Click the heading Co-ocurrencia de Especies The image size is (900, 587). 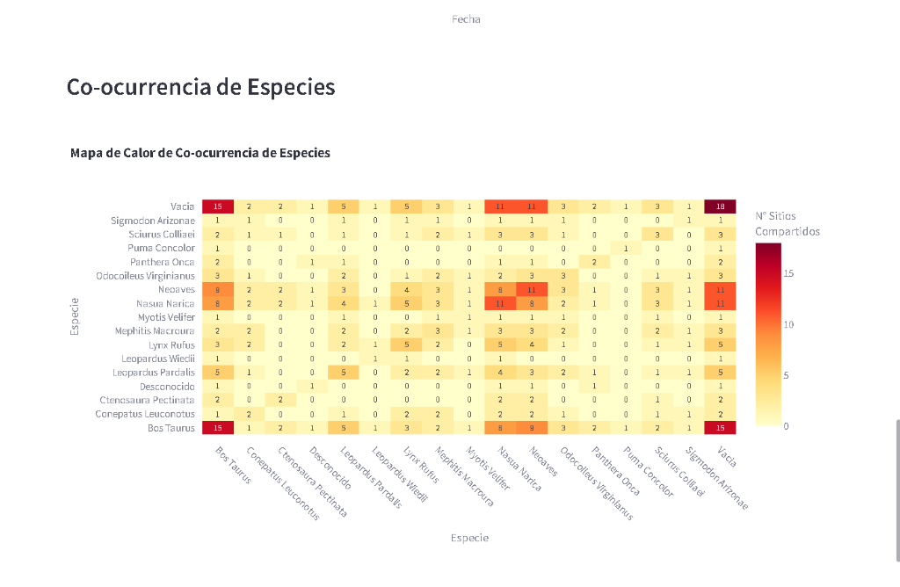[200, 88]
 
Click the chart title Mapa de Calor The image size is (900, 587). [200, 153]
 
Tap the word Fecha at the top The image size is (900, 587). [466, 19]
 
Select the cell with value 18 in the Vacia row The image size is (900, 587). [720, 207]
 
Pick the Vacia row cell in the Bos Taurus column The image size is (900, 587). [217, 207]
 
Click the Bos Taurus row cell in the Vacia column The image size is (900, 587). [720, 428]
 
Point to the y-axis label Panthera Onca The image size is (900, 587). [163, 262]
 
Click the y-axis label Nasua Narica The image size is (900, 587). [165, 303]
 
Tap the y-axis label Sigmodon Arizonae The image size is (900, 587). [153, 221]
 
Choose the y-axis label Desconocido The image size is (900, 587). [167, 387]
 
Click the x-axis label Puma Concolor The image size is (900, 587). [647, 473]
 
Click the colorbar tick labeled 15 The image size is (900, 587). [788, 274]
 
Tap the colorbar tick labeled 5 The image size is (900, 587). [787, 376]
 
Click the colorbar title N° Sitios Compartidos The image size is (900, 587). [787, 223]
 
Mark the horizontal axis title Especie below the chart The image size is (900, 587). [469, 538]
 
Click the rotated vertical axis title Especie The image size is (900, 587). [76, 317]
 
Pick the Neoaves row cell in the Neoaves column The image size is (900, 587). [531, 289]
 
